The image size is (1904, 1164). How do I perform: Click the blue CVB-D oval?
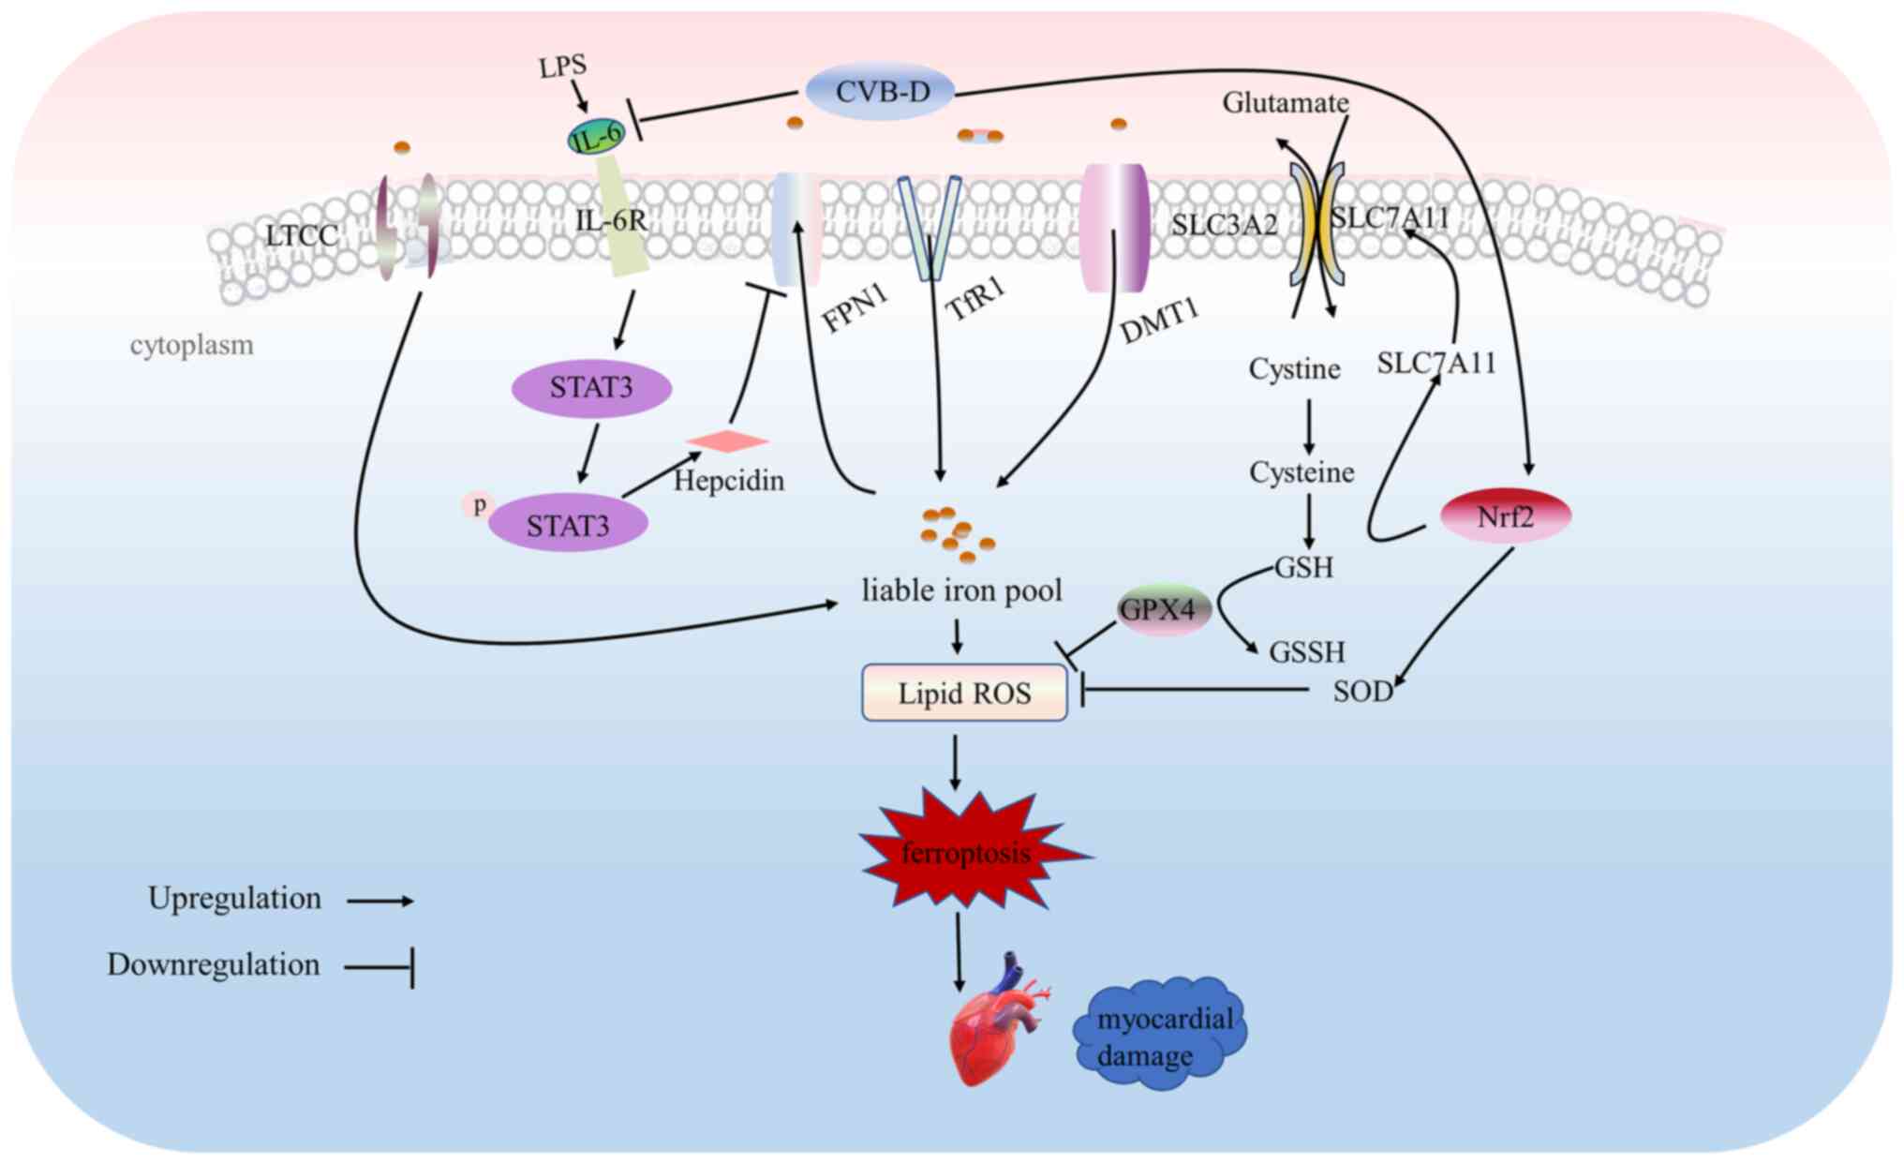(881, 92)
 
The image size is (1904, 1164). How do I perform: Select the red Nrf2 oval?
(1505, 516)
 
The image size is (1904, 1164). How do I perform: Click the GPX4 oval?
(1163, 610)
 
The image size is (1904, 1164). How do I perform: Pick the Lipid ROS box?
(964, 693)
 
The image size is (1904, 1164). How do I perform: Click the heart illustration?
(996, 1025)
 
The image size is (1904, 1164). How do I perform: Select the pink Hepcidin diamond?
(727, 441)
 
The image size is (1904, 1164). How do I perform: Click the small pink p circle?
(479, 505)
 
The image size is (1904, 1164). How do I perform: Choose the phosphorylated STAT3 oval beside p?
(568, 525)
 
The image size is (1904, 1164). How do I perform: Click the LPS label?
(562, 67)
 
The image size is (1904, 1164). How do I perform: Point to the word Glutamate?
(1285, 102)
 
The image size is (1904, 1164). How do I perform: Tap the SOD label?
(1361, 692)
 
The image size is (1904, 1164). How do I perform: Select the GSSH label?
(1306, 651)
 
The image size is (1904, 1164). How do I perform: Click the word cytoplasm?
(191, 345)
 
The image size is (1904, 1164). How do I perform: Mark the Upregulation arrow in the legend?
(379, 901)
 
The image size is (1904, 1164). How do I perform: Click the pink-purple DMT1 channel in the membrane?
(1114, 228)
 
